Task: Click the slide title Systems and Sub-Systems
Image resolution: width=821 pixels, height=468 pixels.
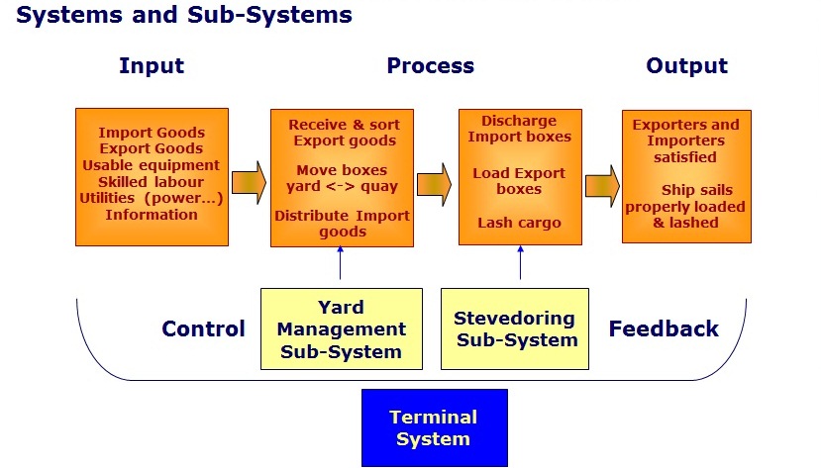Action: (x=184, y=16)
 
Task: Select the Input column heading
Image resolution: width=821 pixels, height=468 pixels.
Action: (x=152, y=66)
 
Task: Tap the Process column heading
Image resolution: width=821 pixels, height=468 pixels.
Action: (x=430, y=66)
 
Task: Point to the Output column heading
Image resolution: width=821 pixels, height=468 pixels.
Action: (x=686, y=66)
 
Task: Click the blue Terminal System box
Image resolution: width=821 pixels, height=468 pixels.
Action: (x=434, y=427)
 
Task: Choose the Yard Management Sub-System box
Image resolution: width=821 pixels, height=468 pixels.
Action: (x=341, y=328)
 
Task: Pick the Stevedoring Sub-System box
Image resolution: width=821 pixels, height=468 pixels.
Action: (x=514, y=328)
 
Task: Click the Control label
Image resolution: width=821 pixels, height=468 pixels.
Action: (x=203, y=329)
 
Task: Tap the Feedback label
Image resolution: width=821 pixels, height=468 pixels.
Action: (x=664, y=329)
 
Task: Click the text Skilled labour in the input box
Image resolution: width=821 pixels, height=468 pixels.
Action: (x=152, y=182)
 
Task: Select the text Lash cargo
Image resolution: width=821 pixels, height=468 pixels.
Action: (x=519, y=223)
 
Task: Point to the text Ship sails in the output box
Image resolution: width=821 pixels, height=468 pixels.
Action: (x=685, y=189)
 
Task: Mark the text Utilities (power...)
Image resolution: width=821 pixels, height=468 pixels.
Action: (x=152, y=198)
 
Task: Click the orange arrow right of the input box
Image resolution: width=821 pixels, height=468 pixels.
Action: (x=249, y=182)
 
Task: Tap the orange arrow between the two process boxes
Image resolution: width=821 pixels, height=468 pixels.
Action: (x=434, y=185)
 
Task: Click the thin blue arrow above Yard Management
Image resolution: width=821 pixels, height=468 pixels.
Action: (x=340, y=264)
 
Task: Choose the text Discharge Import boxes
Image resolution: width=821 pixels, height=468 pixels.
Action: (x=519, y=129)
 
